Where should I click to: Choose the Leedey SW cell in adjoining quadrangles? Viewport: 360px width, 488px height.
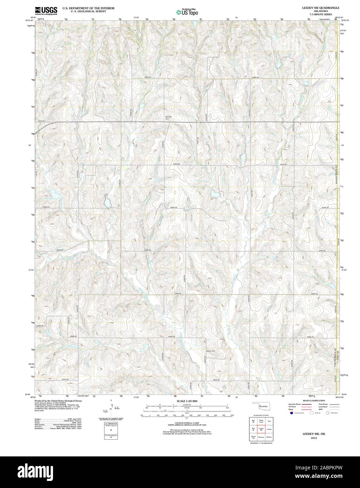[x=261, y=429]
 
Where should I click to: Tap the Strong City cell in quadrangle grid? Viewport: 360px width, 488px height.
[x=253, y=437]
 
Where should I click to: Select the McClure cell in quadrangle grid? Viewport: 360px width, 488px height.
[x=269, y=437]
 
